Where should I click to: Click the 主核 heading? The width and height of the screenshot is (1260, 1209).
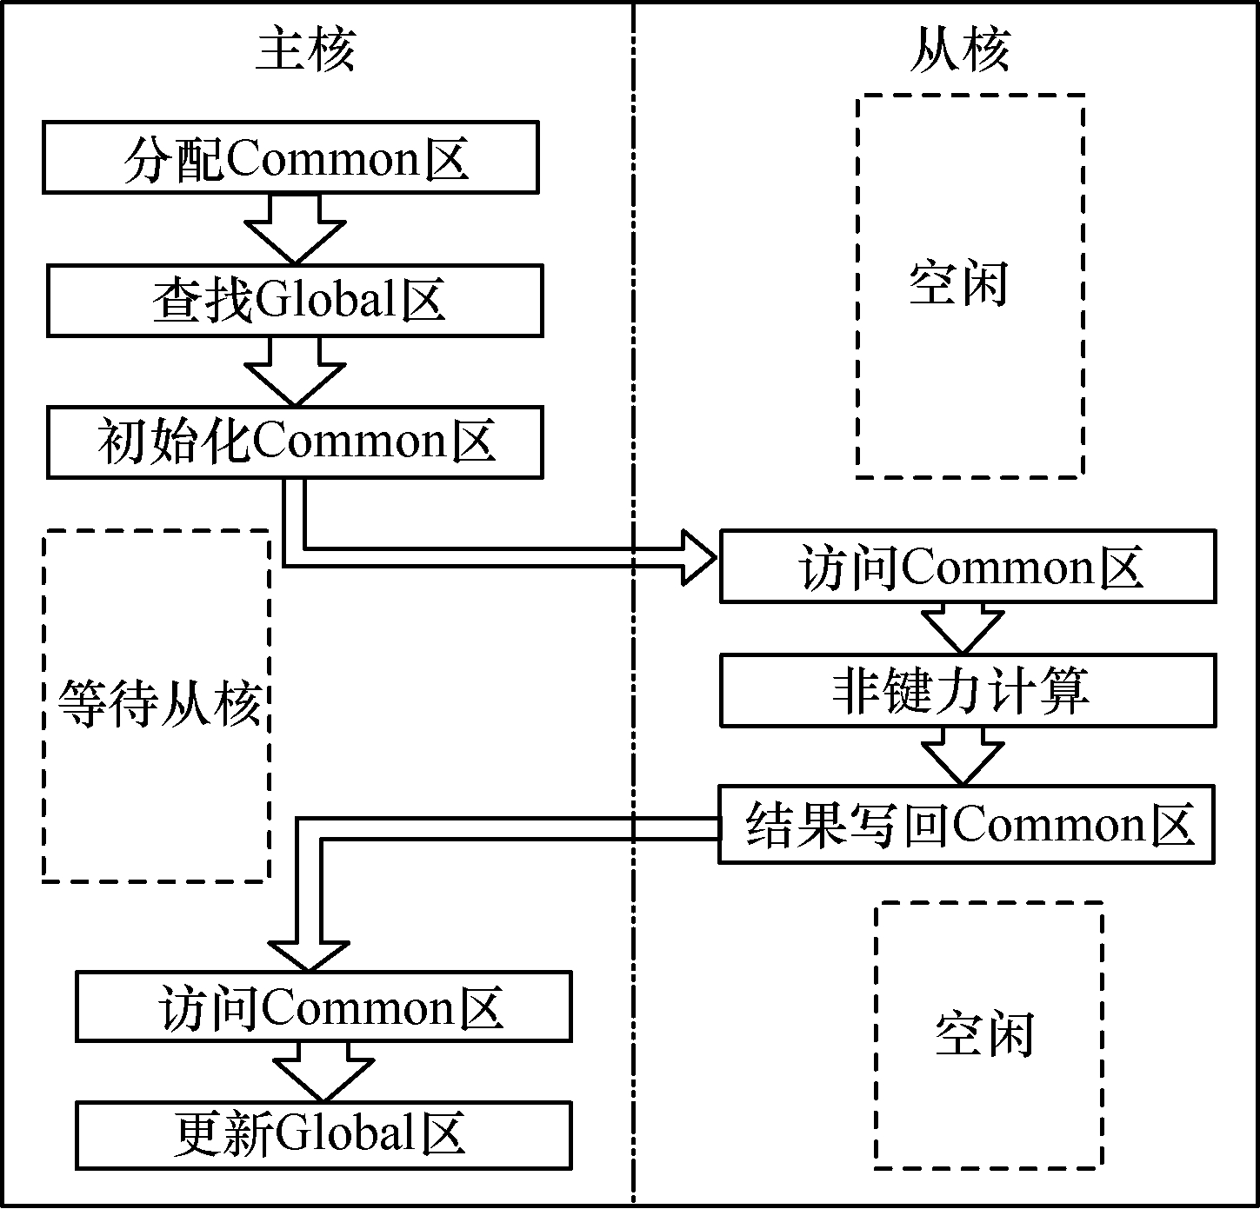click(x=305, y=50)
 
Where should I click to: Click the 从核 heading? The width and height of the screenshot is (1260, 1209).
click(x=959, y=50)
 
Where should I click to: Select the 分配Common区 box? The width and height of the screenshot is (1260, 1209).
click(x=290, y=157)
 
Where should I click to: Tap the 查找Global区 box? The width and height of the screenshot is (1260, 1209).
click(x=295, y=301)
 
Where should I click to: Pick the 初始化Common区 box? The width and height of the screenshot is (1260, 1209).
click(x=295, y=442)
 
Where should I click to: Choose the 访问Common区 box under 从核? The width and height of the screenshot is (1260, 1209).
click(x=967, y=567)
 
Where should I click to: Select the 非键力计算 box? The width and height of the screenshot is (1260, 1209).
click(x=967, y=692)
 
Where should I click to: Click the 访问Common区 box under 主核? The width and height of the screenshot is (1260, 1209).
click(x=323, y=1006)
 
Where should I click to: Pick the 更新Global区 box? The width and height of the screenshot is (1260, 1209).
click(x=323, y=1135)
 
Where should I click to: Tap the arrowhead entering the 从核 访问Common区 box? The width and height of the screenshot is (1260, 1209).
click(x=696, y=557)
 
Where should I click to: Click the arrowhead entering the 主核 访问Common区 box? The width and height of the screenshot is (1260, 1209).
click(x=309, y=953)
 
